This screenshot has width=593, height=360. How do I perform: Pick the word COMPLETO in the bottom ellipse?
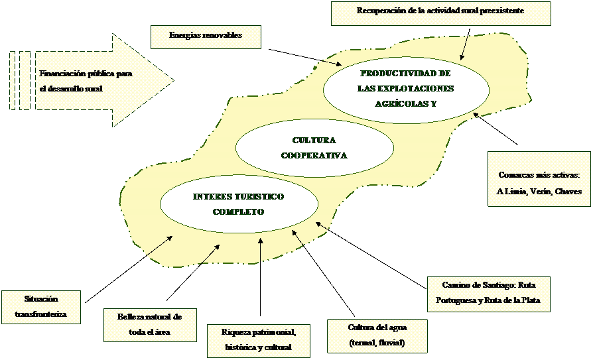click(x=239, y=212)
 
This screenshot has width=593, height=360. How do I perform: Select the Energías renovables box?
click(x=206, y=36)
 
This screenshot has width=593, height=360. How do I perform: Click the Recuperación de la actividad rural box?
click(x=440, y=13)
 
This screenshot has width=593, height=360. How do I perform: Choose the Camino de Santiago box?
click(x=488, y=293)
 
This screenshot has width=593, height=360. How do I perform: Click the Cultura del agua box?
click(x=377, y=336)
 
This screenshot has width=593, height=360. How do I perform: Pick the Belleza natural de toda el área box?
click(x=150, y=325)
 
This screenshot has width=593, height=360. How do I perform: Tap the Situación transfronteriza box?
click(x=41, y=307)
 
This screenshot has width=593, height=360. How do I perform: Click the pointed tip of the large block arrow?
click(x=170, y=80)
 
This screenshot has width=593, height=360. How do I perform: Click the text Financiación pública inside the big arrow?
click(x=76, y=74)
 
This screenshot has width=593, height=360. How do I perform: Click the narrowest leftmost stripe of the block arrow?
click(x=12, y=80)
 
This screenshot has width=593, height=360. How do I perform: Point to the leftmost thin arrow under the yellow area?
click(x=158, y=245)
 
